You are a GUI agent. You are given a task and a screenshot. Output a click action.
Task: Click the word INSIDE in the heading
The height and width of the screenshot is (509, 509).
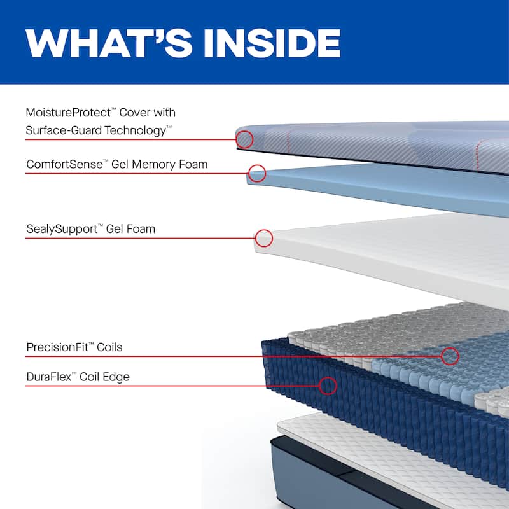point(272,41)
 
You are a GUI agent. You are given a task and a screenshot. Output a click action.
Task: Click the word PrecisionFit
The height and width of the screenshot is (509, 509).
point(59,347)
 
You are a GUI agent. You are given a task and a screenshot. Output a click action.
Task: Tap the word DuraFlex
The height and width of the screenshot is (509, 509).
point(48,377)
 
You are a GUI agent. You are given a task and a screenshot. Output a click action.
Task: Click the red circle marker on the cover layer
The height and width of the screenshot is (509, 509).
point(244,139)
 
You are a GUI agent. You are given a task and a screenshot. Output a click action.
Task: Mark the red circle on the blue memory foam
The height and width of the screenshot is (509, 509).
point(256,173)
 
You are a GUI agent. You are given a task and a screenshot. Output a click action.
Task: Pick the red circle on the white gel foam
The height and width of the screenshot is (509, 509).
point(264,239)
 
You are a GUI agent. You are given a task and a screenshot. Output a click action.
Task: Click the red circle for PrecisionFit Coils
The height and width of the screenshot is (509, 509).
point(450,356)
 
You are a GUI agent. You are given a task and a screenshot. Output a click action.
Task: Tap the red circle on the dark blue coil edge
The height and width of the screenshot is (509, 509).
point(328,386)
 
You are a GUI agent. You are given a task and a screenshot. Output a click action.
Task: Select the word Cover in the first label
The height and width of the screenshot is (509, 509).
point(141,113)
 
